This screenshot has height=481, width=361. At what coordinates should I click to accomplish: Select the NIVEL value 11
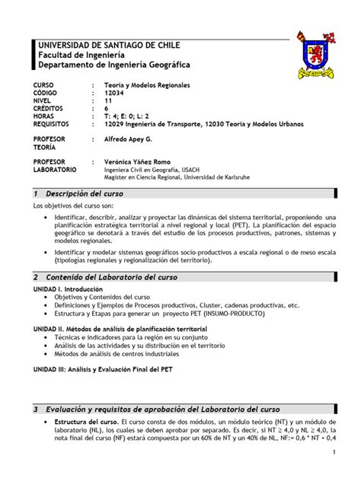pyautogui.click(x=107, y=101)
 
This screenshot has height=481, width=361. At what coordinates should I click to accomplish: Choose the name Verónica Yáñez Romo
pyautogui.click(x=138, y=162)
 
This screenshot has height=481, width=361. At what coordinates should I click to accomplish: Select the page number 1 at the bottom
pyautogui.click(x=334, y=454)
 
